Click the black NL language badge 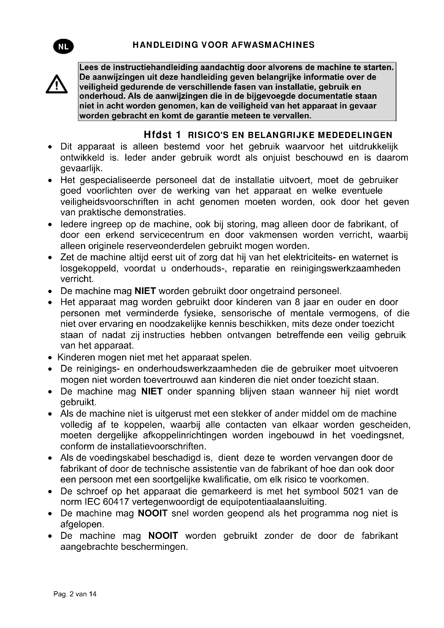click(x=63, y=46)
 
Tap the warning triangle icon click(x=57, y=85)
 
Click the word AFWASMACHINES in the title click(x=273, y=45)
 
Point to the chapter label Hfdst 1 click(x=162, y=135)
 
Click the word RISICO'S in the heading click(x=208, y=135)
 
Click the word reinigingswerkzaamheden click(x=345, y=268)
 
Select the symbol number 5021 click(x=353, y=491)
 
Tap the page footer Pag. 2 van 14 click(x=75, y=594)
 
